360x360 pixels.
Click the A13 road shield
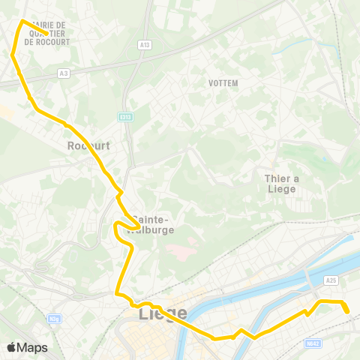(144, 45)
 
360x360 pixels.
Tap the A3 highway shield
(64, 73)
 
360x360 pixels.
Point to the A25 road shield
(331, 280)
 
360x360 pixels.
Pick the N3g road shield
(53, 318)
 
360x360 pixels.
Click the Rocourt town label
(88, 146)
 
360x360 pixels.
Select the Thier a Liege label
(280, 183)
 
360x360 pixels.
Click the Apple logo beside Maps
(11, 347)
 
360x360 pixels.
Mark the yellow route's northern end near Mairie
(48, 34)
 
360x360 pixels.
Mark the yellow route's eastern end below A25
(348, 312)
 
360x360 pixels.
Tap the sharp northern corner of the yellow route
(22, 21)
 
